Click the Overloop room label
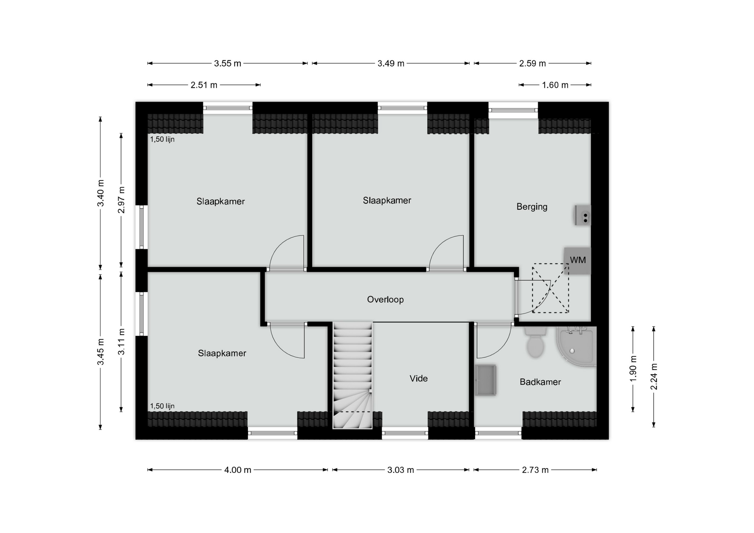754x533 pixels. [385, 299]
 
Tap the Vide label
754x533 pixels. [418, 378]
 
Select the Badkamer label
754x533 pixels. [540, 382]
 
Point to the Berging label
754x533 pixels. [532, 206]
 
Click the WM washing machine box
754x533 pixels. [577, 260]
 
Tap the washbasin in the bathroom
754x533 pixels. [485, 380]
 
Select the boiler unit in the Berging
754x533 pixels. [583, 215]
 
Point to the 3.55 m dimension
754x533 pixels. [227, 64]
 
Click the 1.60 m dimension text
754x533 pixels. [555, 85]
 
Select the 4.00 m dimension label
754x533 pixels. [238, 470]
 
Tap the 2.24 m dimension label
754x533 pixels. [654, 377]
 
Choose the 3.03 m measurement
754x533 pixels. [401, 470]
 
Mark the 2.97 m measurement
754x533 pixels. [121, 200]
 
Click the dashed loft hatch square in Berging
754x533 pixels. [550, 288]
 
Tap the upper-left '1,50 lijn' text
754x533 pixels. [162, 139]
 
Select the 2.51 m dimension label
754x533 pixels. [204, 85]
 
